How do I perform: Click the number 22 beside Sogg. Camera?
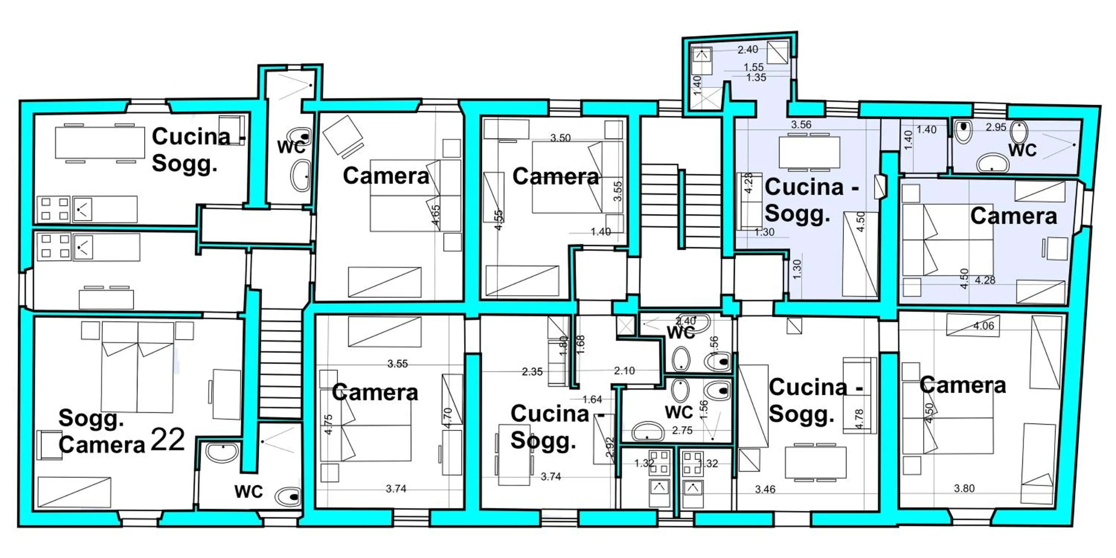pyautogui.click(x=168, y=440)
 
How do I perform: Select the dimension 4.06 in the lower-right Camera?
pyautogui.click(x=984, y=326)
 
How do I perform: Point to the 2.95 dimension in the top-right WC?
pyautogui.click(x=995, y=127)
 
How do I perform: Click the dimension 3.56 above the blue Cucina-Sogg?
pyautogui.click(x=801, y=125)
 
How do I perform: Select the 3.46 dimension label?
pyautogui.click(x=765, y=490)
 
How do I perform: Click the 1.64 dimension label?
pyautogui.click(x=592, y=400)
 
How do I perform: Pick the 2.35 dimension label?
pyautogui.click(x=532, y=372)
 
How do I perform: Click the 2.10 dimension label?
pyautogui.click(x=624, y=371)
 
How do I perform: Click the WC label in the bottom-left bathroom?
pyautogui.click(x=248, y=492)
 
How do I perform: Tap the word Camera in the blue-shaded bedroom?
pyautogui.click(x=1013, y=216)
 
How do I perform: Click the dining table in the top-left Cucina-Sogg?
pyautogui.click(x=100, y=143)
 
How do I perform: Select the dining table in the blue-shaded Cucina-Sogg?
pyautogui.click(x=809, y=152)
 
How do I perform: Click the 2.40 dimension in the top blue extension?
pyautogui.click(x=748, y=50)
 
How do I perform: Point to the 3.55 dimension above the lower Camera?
pyautogui.click(x=397, y=364)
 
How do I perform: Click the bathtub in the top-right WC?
pyautogui.click(x=992, y=164)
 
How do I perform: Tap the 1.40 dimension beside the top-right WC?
pyautogui.click(x=926, y=129)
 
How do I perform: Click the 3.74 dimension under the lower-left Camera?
pyautogui.click(x=396, y=489)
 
